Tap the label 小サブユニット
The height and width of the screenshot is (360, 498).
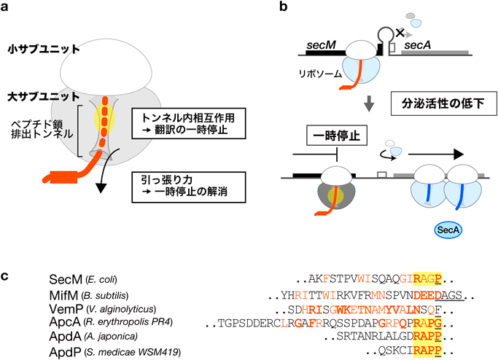tap(34, 50)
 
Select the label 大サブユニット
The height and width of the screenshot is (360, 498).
tap(34, 95)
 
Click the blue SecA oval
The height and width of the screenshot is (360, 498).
tap(446, 230)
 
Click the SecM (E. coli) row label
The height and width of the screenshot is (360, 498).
tap(55, 280)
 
